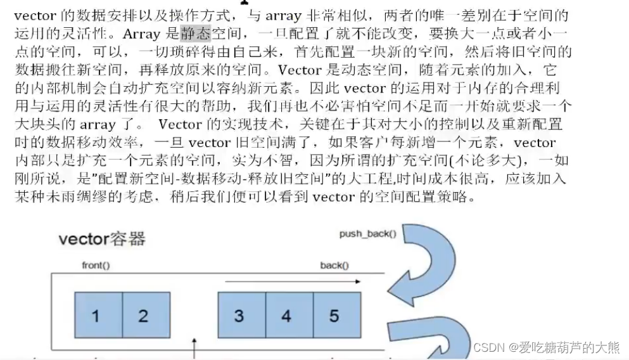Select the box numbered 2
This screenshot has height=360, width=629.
click(146, 316)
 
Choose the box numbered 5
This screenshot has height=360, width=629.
click(335, 316)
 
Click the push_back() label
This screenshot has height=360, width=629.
click(367, 234)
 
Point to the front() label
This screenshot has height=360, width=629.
click(96, 265)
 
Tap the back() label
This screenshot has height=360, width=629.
click(334, 265)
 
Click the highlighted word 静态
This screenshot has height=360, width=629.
click(195, 34)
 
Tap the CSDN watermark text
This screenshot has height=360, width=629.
click(546, 347)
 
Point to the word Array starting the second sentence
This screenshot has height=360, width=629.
click(141, 34)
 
